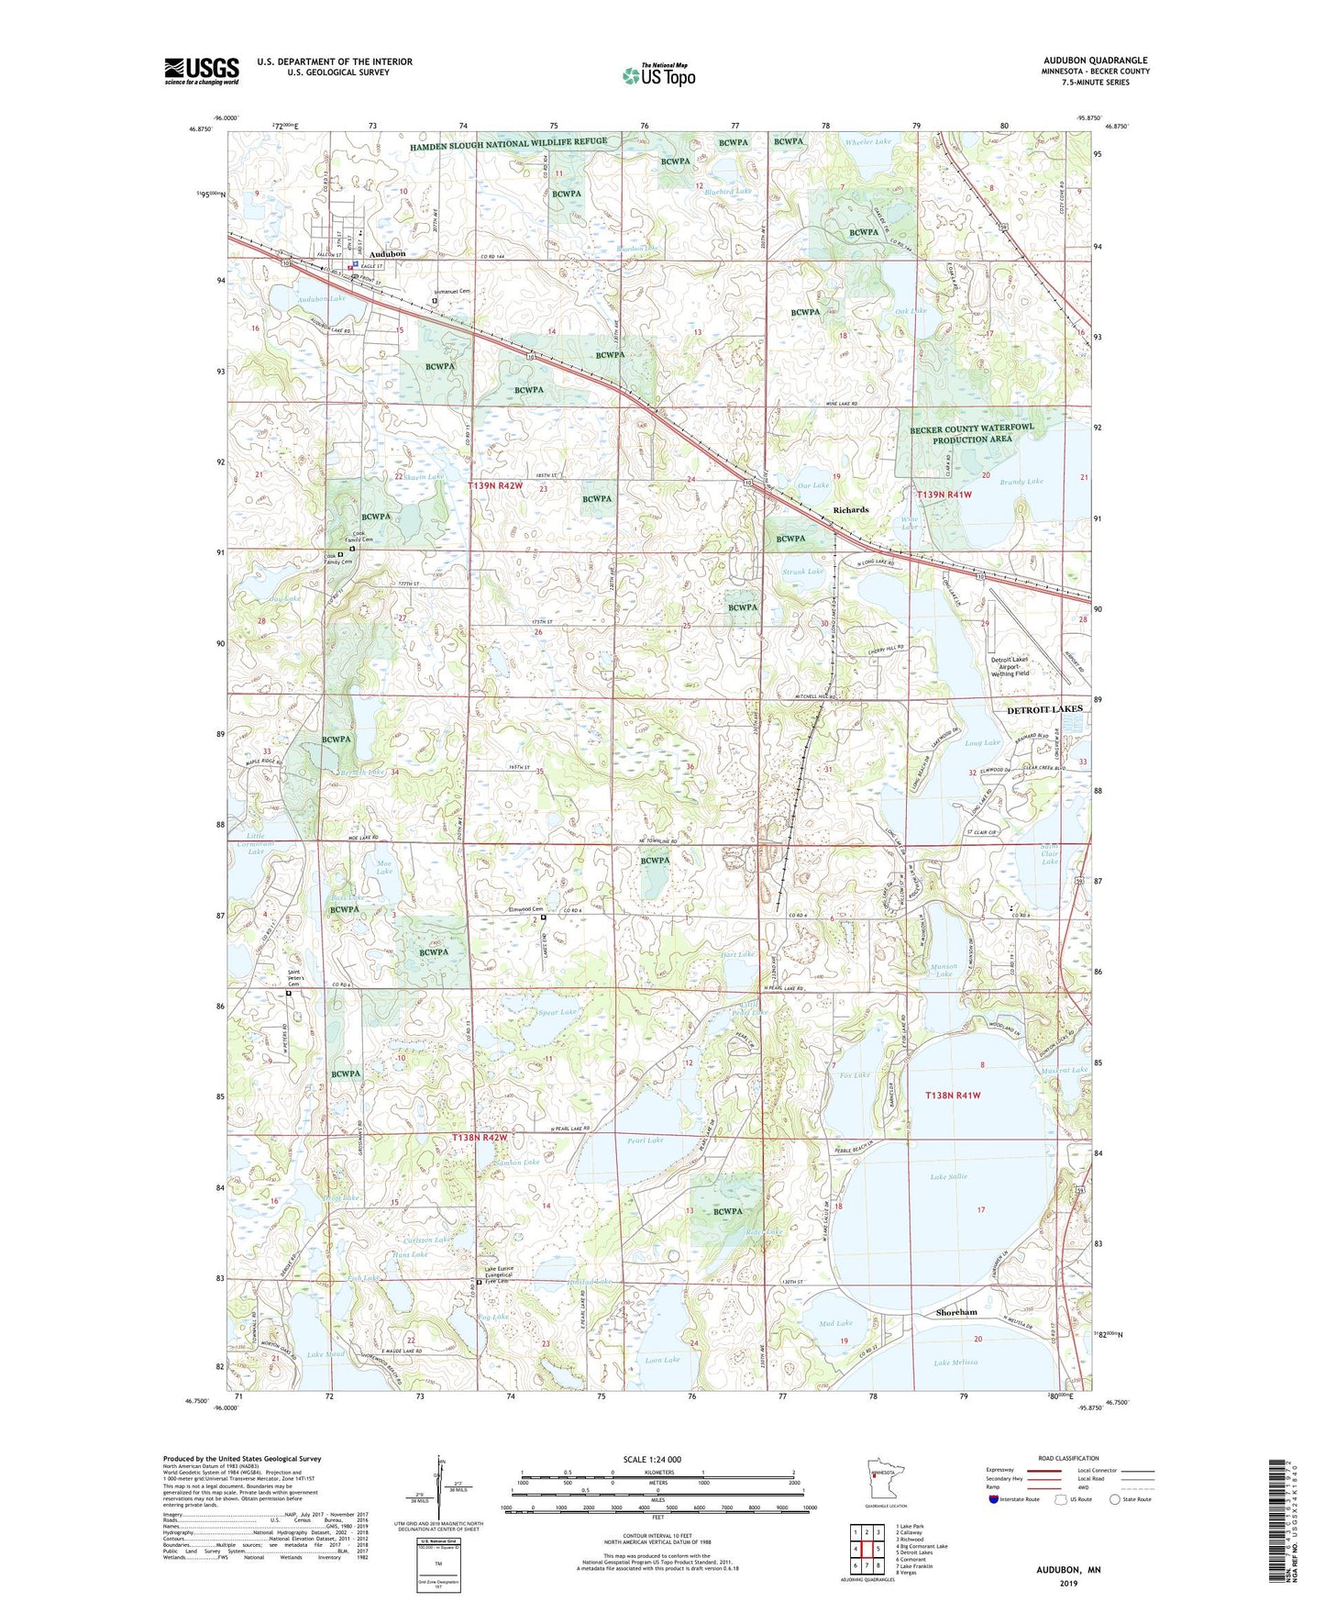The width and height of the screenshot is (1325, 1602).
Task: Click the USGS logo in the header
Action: click(x=201, y=71)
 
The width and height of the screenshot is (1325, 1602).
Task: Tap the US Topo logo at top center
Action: click(x=657, y=74)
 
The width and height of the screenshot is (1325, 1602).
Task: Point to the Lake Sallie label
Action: click(x=948, y=1176)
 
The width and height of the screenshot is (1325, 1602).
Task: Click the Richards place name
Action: click(x=850, y=510)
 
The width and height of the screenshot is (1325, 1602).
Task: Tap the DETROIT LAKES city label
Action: click(x=1044, y=709)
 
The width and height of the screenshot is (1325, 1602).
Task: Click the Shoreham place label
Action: click(x=956, y=1313)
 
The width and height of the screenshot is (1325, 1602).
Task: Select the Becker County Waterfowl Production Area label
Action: click(x=971, y=434)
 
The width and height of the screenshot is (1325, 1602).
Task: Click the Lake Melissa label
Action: click(x=955, y=1363)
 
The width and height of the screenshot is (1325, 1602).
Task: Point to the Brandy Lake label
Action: click(x=1021, y=482)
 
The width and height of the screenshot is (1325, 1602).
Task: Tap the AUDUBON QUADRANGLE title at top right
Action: click(x=1095, y=61)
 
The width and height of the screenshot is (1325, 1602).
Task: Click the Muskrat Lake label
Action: click(x=1064, y=1070)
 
